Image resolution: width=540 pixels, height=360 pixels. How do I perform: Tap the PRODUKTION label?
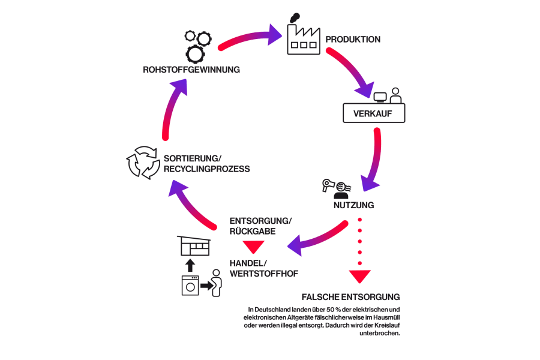(353, 40)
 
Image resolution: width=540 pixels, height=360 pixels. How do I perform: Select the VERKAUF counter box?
(374, 112)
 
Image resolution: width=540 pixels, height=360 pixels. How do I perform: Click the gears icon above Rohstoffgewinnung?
(197, 46)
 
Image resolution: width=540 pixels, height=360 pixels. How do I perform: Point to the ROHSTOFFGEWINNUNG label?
(191, 70)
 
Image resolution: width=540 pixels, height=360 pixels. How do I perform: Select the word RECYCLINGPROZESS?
(206, 169)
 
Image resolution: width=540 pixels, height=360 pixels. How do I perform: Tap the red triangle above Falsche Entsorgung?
(360, 277)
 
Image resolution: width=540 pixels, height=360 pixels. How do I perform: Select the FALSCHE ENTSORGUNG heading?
(351, 297)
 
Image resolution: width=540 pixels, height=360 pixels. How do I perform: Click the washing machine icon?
(190, 286)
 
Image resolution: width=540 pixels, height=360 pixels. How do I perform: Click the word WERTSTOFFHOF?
(264, 274)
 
